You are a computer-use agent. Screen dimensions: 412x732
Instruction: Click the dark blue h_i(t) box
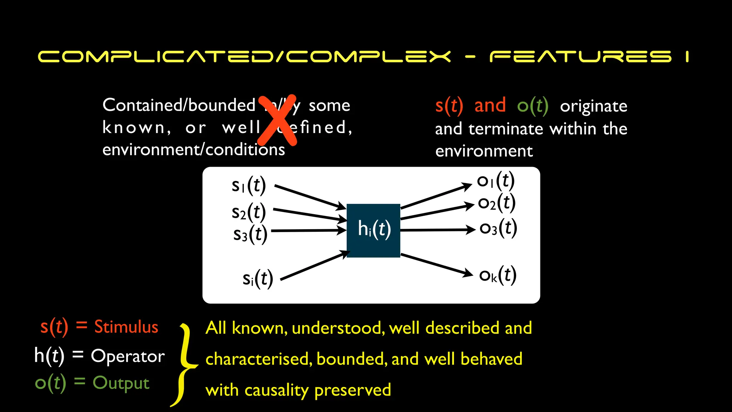(x=373, y=230)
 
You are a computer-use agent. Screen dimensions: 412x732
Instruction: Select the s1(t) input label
(x=249, y=185)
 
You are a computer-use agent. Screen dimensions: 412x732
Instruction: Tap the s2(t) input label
(x=249, y=212)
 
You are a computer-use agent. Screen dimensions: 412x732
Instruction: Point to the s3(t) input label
(x=250, y=234)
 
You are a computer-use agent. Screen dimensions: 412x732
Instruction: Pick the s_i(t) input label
(x=258, y=279)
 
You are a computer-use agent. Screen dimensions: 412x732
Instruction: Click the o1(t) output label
(x=496, y=181)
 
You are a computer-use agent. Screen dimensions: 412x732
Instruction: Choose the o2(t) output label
(x=497, y=203)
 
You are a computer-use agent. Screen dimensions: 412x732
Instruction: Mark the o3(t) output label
(x=498, y=228)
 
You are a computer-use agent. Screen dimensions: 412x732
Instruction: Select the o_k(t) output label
(x=498, y=275)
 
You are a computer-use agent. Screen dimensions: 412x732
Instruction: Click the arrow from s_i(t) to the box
(x=315, y=265)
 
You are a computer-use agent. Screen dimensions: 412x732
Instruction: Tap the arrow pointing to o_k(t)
(x=436, y=265)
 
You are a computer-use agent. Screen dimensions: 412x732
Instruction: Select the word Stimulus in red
(x=126, y=327)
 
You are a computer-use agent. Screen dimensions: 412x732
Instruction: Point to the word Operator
(x=128, y=356)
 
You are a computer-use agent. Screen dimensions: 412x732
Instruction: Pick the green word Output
(x=121, y=383)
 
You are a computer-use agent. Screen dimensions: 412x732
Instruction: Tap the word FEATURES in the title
(x=580, y=57)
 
